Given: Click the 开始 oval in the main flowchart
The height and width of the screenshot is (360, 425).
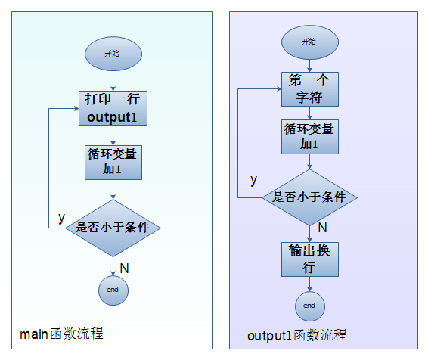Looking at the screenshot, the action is pos(113,54).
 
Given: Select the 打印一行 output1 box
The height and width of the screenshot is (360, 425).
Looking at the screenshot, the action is pos(113,108).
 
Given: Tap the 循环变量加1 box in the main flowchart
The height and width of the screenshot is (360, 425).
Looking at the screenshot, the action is pos(113,163).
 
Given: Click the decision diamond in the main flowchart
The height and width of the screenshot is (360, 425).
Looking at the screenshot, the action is pos(113,228).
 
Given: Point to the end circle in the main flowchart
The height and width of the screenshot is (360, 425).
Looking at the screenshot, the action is pos(113,290).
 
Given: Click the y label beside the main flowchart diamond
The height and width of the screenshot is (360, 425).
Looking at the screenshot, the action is pos(62,218).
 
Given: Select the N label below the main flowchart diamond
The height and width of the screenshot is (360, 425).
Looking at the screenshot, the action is pos(125,268).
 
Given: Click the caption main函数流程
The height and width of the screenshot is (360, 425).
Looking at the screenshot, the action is pos(61,334).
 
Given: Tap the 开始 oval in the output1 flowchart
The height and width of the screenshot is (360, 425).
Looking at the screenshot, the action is pos(310,42).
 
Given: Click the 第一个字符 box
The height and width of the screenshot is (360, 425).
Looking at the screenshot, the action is pos(310,89).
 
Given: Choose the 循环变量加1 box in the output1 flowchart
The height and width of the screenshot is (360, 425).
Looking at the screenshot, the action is pos(310,137).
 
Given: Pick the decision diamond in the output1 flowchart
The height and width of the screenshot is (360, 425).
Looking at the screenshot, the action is pos(309,197).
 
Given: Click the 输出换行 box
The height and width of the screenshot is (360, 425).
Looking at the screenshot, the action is pos(310,259).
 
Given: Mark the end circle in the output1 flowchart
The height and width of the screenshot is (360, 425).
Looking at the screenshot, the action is pos(310,306).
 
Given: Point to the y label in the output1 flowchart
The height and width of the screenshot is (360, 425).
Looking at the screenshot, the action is pos(253,180).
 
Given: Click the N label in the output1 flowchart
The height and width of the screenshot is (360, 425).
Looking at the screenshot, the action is pos(323,228).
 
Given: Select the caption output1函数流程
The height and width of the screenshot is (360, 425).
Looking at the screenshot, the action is pos(297,335).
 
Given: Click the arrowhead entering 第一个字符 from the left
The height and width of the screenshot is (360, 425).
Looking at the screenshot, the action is pos(279,88).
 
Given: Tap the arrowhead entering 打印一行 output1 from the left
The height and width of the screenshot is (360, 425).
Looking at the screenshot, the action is pos(76,109).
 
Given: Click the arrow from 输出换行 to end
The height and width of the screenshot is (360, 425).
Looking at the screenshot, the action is pos(310,284).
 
